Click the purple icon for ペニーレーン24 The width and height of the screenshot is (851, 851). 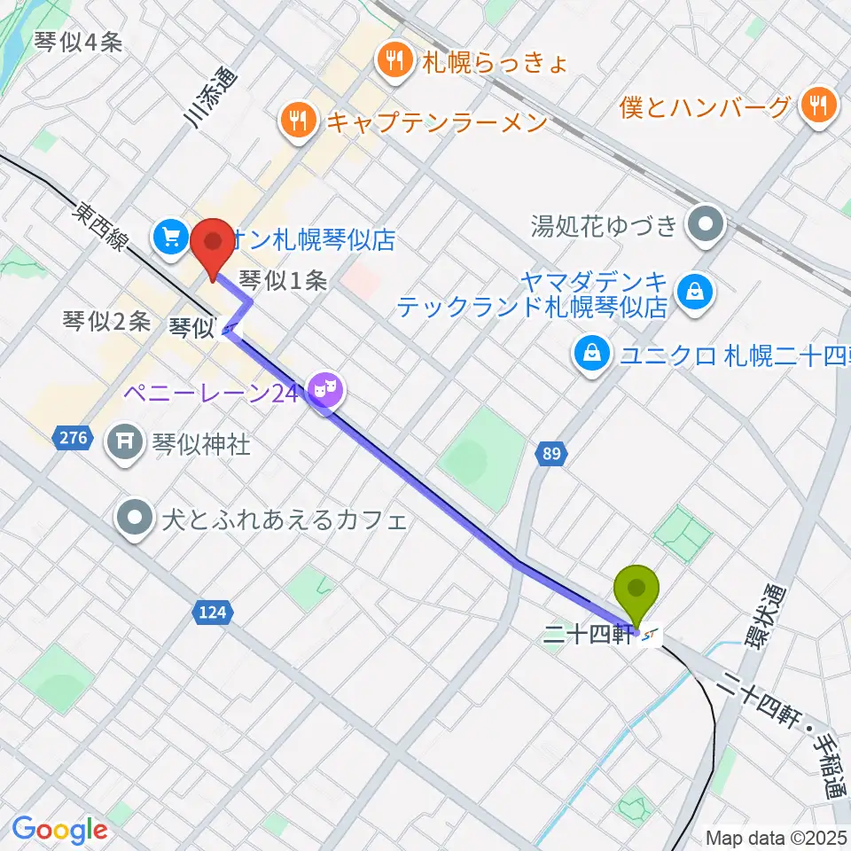[325, 389]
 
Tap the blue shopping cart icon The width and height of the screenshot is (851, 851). [170, 236]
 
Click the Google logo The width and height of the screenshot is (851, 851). [59, 830]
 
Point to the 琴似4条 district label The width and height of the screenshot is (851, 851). [78, 41]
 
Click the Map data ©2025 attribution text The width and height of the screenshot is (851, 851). [777, 837]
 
